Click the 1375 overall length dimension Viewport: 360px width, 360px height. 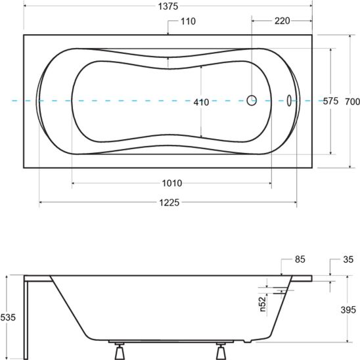click(x=168, y=7)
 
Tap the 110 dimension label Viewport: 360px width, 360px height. click(x=189, y=22)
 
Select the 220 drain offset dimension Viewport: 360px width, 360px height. click(x=282, y=21)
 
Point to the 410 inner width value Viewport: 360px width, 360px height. click(x=201, y=102)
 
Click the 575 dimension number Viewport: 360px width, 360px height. click(x=330, y=101)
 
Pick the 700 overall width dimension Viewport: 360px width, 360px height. click(x=352, y=101)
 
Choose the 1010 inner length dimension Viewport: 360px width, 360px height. click(x=172, y=183)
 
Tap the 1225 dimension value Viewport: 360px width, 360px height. click(x=169, y=202)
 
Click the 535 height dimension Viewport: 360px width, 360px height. click(x=8, y=317)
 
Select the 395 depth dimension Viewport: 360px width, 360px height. click(x=348, y=310)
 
